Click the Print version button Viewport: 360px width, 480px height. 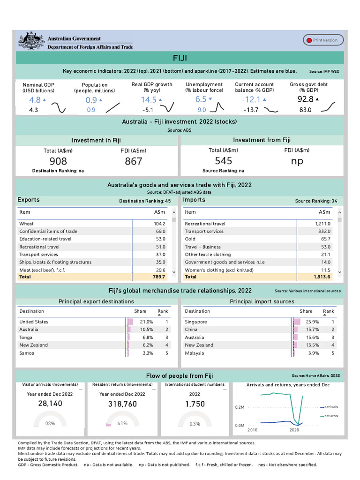pyautogui.click(x=323, y=40)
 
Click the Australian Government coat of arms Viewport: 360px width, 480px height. pyautogui.click(x=31, y=40)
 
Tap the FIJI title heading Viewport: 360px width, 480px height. pyautogui.click(x=180, y=58)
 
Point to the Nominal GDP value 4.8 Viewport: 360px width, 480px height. pyautogui.click(x=35, y=100)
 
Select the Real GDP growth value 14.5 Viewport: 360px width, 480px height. pyautogui.click(x=149, y=100)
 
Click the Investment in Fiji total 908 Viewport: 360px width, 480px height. pyautogui.click(x=58, y=162)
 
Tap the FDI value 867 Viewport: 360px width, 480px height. pyautogui.click(x=133, y=162)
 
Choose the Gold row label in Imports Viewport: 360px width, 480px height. pyautogui.click(x=190, y=239)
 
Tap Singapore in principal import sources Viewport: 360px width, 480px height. pyautogui.click(x=196, y=322)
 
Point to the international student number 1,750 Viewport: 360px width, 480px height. pyautogui.click(x=195, y=404)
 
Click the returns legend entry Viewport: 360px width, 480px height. pyautogui.click(x=331, y=416)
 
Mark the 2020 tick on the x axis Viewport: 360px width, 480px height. pyautogui.click(x=294, y=430)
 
